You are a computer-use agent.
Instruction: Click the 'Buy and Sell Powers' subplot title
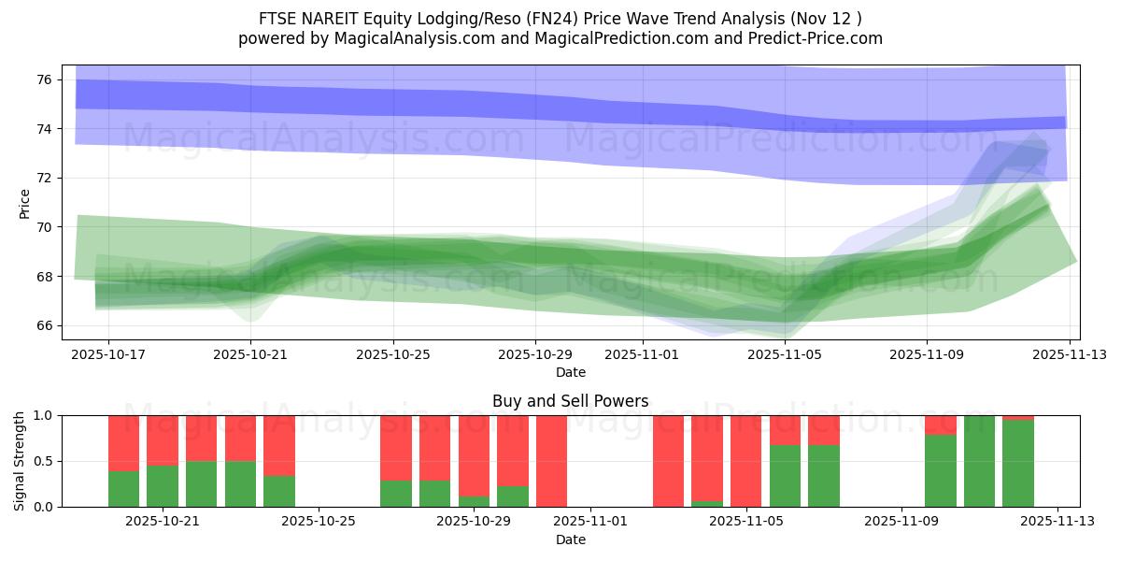(x=571, y=401)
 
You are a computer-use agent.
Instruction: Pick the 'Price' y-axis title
(x=25, y=203)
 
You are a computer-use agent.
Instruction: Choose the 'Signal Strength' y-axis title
(x=20, y=461)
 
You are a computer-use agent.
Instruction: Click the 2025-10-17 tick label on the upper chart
(x=108, y=355)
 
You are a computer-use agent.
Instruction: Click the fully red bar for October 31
(x=551, y=461)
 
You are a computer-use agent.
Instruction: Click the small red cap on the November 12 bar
(x=1018, y=417)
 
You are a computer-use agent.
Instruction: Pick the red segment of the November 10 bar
(x=941, y=424)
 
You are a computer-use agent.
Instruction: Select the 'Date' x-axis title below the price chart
(x=571, y=372)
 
